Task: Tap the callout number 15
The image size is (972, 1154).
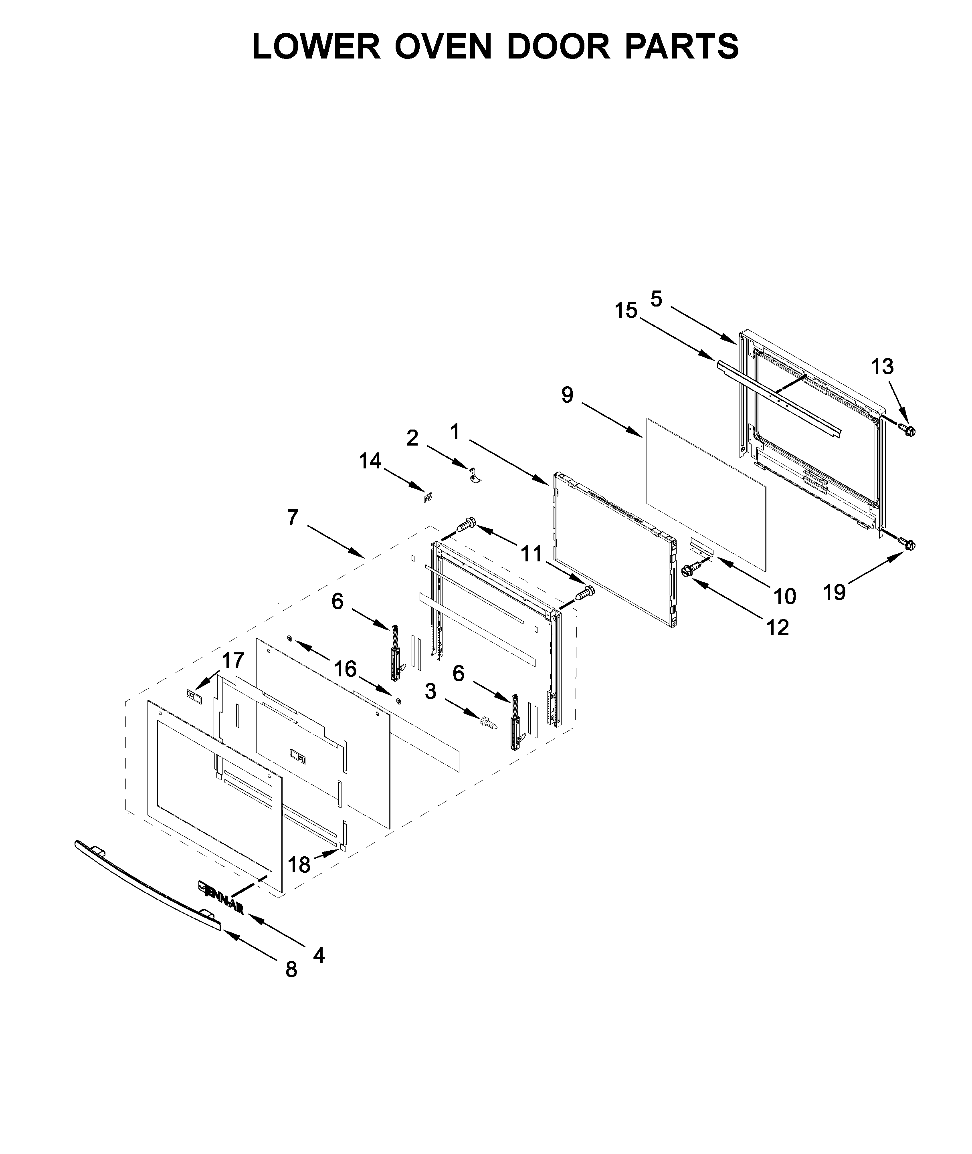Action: point(626,311)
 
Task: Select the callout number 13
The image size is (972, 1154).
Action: point(882,366)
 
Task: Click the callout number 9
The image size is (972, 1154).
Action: point(568,395)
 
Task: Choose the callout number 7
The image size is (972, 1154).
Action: point(293,517)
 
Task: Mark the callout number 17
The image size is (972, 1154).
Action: point(232,660)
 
